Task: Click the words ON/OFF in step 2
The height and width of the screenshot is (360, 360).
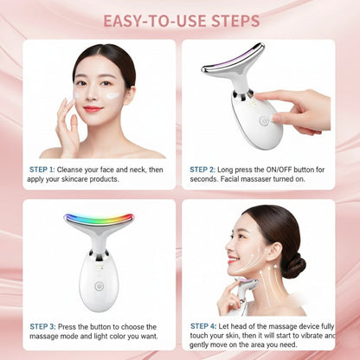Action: click(275, 170)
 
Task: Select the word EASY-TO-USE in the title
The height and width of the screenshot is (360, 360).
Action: click(149, 20)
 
